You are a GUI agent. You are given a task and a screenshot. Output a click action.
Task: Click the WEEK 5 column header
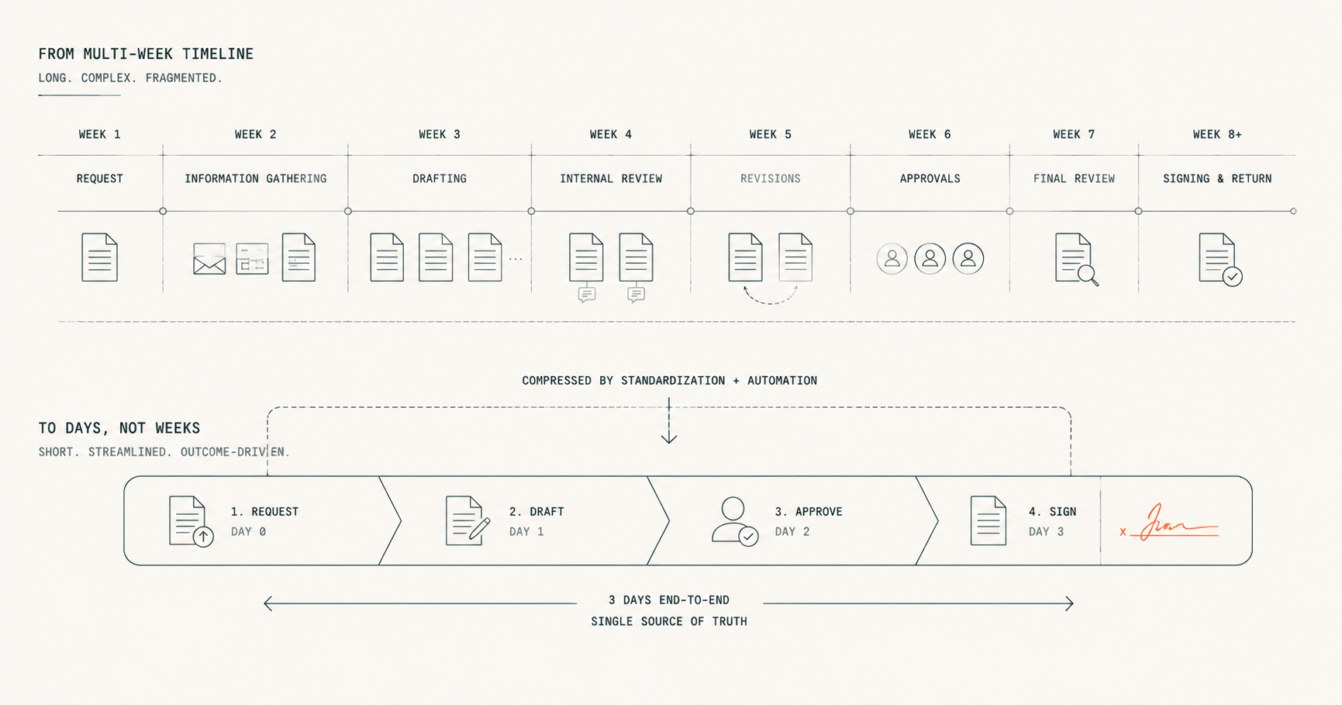click(x=770, y=134)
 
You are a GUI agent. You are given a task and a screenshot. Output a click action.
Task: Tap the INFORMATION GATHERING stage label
click(x=255, y=178)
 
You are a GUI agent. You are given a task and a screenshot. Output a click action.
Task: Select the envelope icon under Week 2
click(x=209, y=259)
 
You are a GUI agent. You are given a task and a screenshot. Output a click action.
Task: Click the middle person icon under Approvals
click(x=930, y=258)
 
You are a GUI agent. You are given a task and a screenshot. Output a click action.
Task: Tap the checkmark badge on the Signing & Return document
click(x=1232, y=276)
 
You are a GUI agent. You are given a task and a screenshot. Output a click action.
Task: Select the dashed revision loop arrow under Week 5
click(x=770, y=299)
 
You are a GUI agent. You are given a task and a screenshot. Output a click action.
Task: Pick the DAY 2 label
click(x=792, y=531)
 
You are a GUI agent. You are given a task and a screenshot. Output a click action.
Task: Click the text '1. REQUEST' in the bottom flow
click(x=264, y=512)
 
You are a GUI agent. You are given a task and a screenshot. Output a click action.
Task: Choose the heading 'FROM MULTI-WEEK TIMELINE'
click(x=146, y=54)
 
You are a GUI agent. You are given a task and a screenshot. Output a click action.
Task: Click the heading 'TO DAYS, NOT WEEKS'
click(x=119, y=428)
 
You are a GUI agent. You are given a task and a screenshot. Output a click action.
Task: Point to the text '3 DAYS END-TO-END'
click(x=669, y=600)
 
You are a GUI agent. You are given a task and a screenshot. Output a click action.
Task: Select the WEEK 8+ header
click(x=1217, y=134)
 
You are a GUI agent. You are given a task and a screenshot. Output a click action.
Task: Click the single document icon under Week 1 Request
click(x=99, y=257)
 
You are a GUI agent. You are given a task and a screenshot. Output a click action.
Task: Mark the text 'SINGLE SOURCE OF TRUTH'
click(x=669, y=621)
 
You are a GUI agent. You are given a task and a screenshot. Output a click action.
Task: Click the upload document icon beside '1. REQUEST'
click(x=191, y=521)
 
